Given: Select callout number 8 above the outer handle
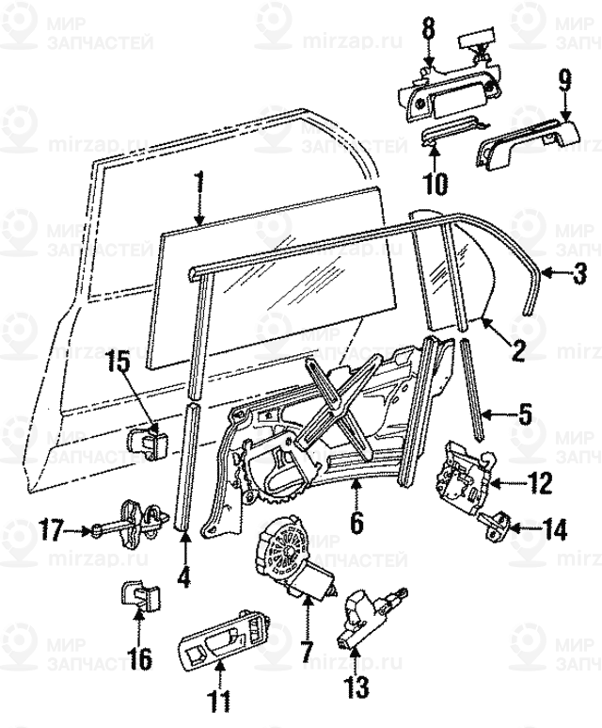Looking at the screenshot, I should pos(428,29).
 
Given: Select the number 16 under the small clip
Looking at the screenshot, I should pos(138,657).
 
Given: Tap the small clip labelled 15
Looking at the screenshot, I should pos(144,437).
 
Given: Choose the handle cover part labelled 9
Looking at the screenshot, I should pos(527,140).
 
